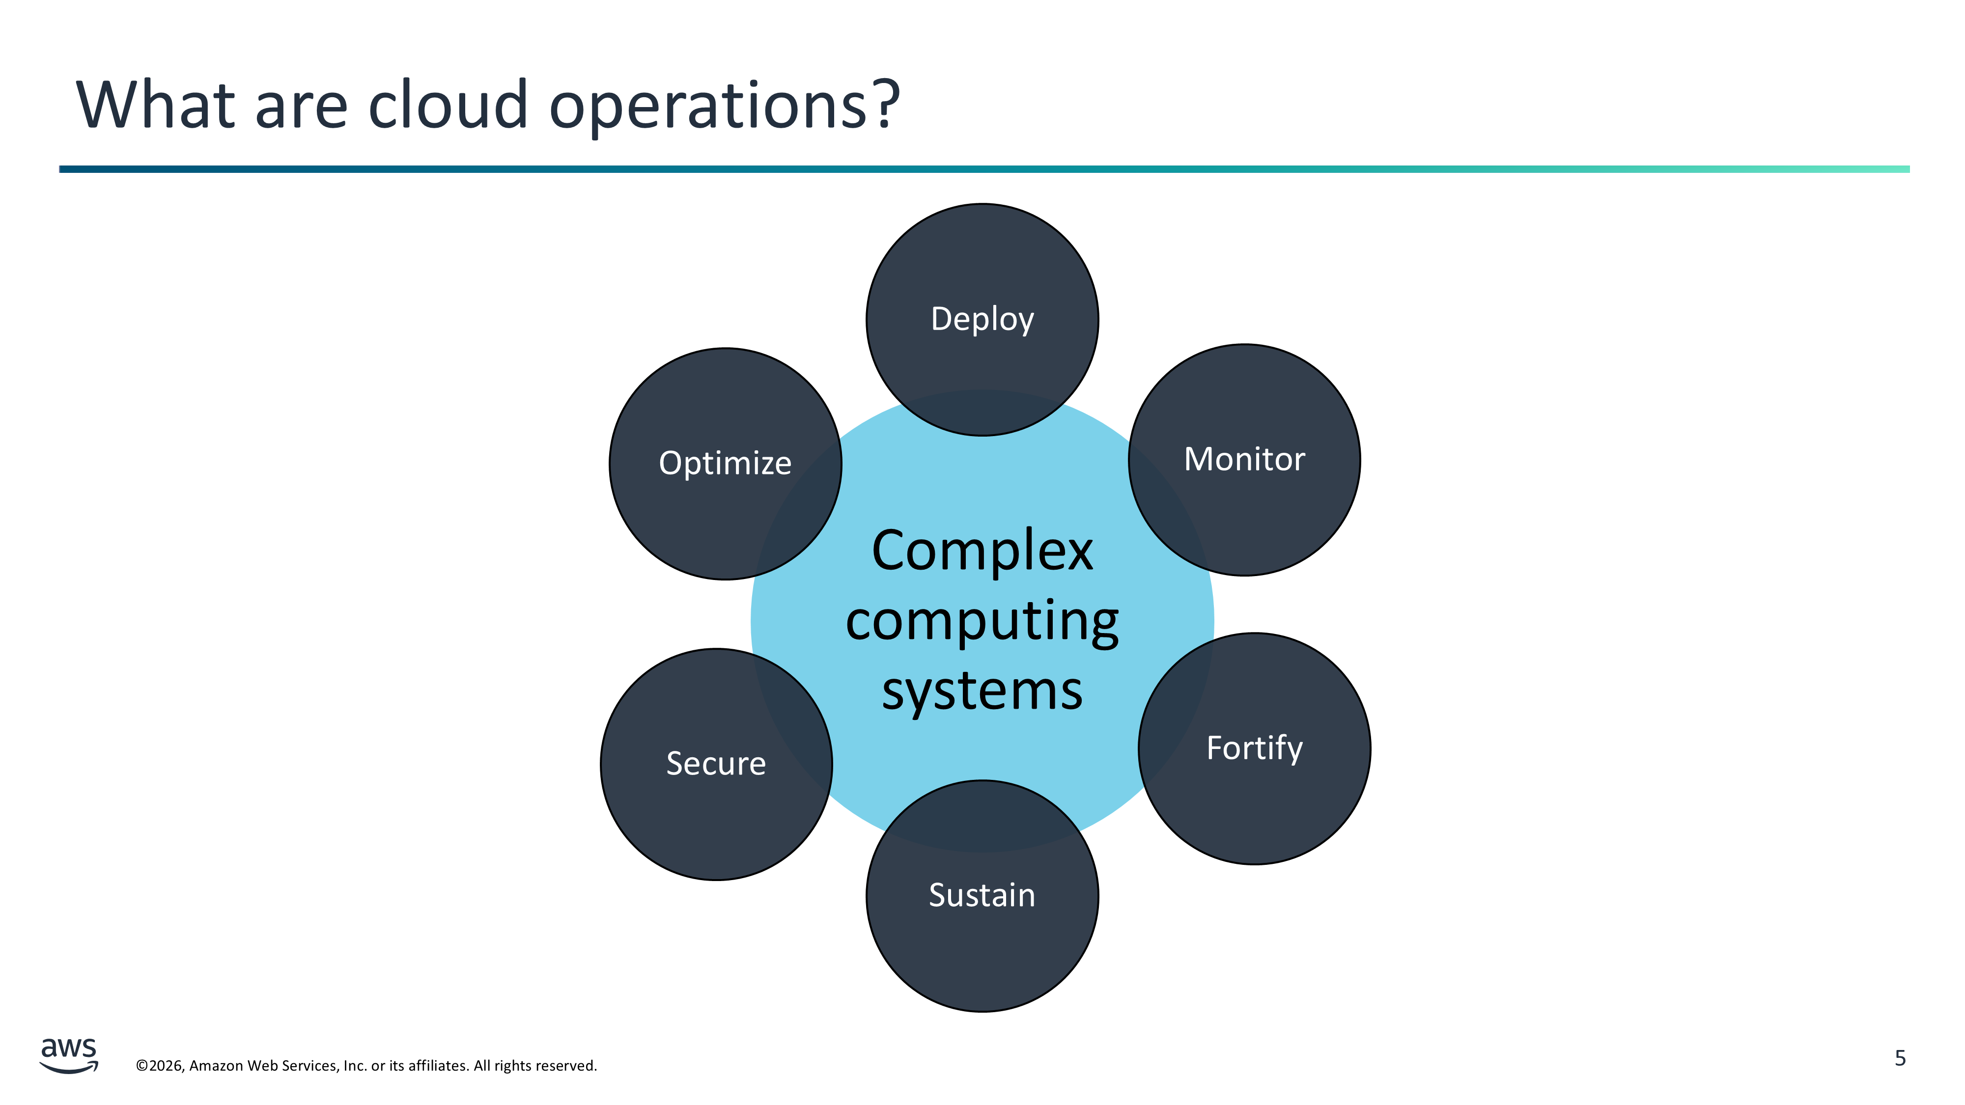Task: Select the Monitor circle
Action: pyautogui.click(x=1244, y=460)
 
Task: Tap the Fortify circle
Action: pyautogui.click(x=1254, y=748)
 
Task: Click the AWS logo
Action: pyautogui.click(x=69, y=1055)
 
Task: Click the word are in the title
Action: pyautogui.click(x=301, y=107)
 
